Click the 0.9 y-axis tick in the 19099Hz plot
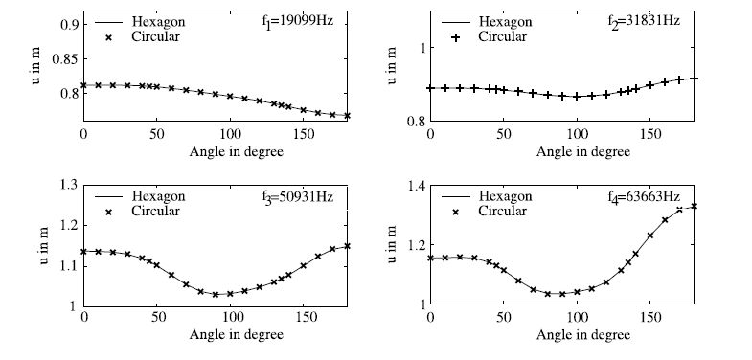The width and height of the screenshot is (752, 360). tap(68, 23)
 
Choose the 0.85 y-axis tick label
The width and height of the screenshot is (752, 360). tap(65, 57)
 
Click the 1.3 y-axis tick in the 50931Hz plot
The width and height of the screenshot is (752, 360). tap(68, 185)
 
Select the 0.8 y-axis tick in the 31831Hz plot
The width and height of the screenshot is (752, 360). tap(413, 121)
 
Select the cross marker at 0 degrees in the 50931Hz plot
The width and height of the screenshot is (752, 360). tap(84, 251)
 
